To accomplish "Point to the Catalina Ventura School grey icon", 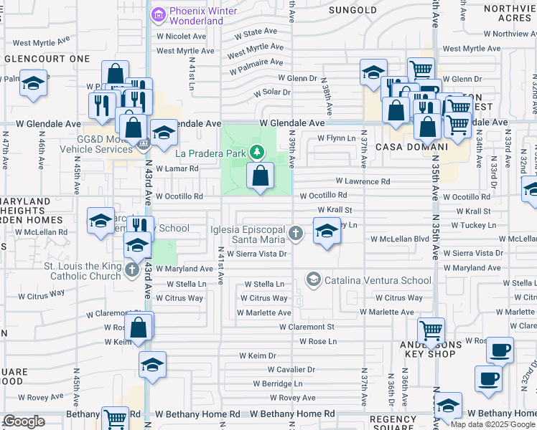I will [x=312, y=279].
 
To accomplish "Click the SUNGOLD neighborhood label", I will [x=352, y=10].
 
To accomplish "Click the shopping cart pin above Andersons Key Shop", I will [x=431, y=332].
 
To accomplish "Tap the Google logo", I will [x=24, y=421].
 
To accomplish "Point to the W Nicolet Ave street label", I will [x=182, y=36].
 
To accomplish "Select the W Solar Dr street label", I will [x=271, y=92].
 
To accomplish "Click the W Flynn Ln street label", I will [x=336, y=138].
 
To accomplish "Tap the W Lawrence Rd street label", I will [x=363, y=182].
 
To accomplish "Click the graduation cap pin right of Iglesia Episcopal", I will [x=327, y=231].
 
